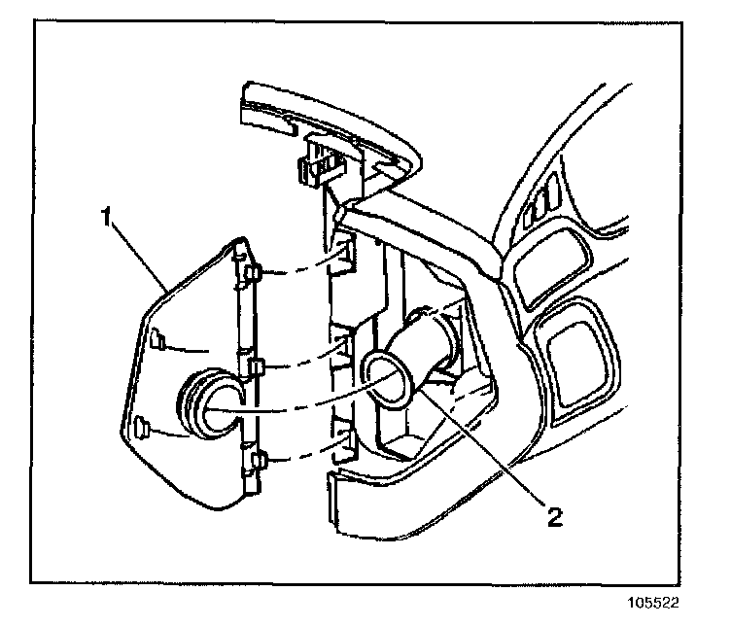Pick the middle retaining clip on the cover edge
pos(256,365)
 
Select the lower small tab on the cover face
pos(142,426)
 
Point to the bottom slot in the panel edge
pos(342,437)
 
